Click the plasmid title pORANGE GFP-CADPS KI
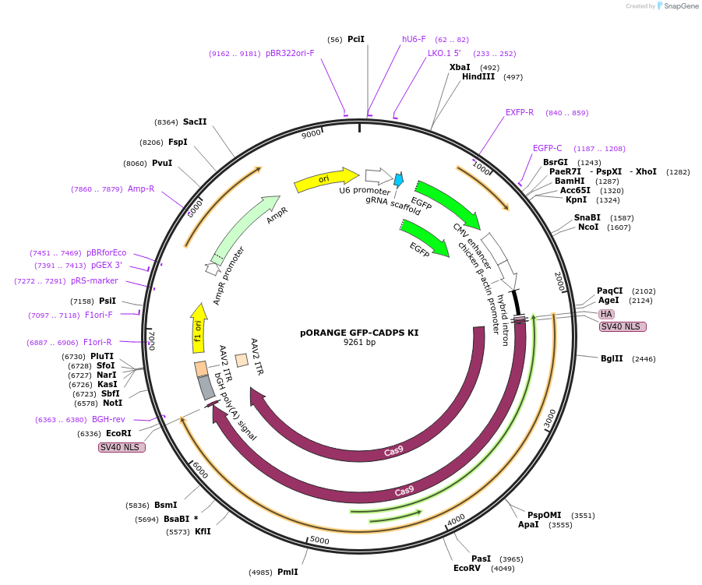[x=359, y=333]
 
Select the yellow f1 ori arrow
[x=199, y=327]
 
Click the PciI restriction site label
[x=356, y=39]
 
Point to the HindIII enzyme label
[x=478, y=77]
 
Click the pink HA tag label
[x=606, y=314]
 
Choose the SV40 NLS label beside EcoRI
[x=122, y=447]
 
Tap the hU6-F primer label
[x=414, y=39]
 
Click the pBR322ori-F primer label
[x=290, y=54]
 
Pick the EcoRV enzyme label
[x=467, y=569]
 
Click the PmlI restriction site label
[x=288, y=573]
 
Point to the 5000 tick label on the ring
[x=319, y=540]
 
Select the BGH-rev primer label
[x=108, y=420]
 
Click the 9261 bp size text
[x=359, y=343]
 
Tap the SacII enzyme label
[x=195, y=122]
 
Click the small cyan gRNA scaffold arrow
[x=398, y=180]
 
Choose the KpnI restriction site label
[x=577, y=200]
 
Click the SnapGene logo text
[x=679, y=6]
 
